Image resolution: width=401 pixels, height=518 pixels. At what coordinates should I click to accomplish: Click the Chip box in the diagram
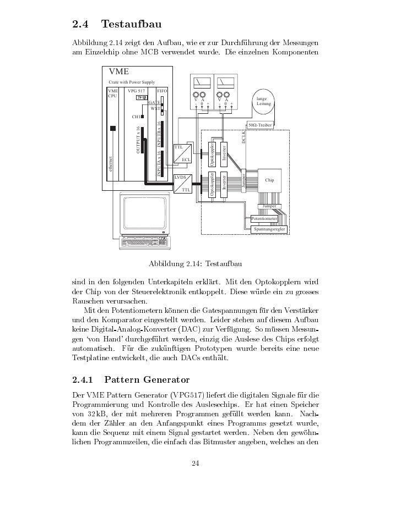pyautogui.click(x=269, y=180)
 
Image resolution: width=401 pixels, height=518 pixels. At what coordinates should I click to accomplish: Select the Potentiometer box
pyautogui.click(x=264, y=219)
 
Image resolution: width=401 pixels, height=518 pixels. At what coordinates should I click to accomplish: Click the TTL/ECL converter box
pyautogui.click(x=182, y=153)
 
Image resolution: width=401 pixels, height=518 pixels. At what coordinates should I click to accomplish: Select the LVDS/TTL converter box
pyautogui.click(x=182, y=184)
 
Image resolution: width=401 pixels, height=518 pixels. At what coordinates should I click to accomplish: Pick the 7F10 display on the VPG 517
pyautogui.click(x=141, y=98)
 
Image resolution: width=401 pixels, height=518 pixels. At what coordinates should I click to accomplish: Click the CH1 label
pyautogui.click(x=136, y=117)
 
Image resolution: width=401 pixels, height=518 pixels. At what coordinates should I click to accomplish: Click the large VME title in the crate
pyautogui.click(x=119, y=71)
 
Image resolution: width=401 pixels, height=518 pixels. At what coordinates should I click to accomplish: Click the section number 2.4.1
pyautogui.click(x=84, y=379)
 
